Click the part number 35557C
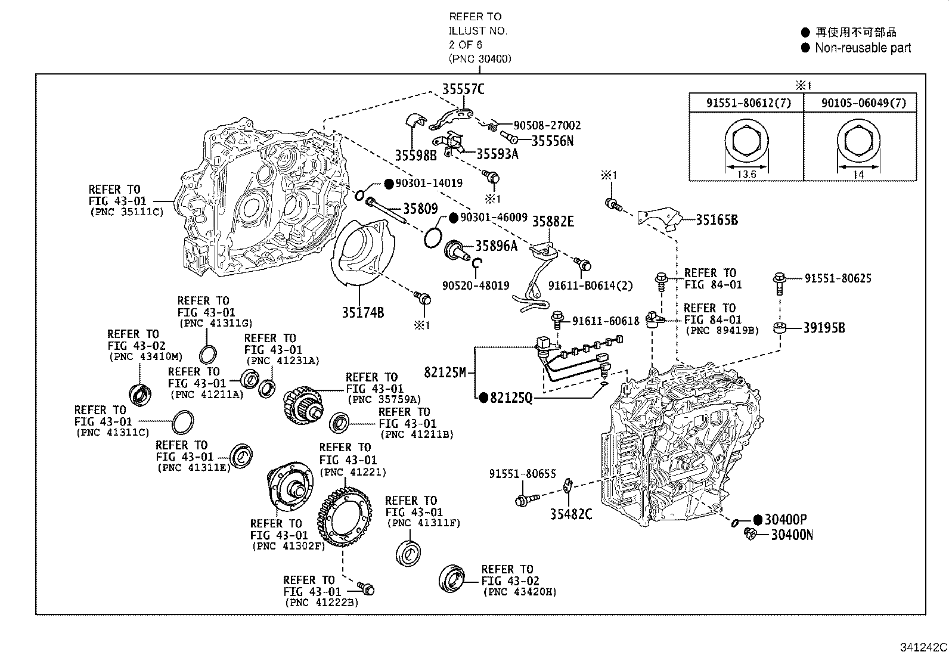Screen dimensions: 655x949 point(463,89)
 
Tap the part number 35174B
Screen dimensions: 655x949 point(362,312)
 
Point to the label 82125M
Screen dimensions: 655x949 point(445,372)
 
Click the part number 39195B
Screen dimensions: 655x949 point(824,328)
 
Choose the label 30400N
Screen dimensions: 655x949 point(792,535)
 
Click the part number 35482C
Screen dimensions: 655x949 point(571,514)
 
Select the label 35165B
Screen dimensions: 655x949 point(717,220)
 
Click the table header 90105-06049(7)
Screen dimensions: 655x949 point(863,103)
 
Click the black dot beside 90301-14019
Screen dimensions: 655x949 point(387,184)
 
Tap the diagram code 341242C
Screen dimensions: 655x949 point(923,647)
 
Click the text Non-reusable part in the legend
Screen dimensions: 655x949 point(863,48)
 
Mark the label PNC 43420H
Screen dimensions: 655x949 point(520,592)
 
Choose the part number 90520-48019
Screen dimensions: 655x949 point(476,285)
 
